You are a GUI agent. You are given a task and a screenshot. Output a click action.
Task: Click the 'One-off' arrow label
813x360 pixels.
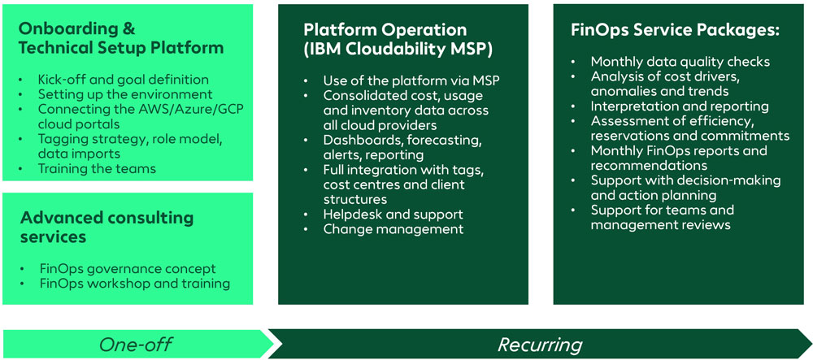[x=135, y=344]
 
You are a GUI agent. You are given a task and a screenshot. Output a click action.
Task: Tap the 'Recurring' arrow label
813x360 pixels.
[x=540, y=344]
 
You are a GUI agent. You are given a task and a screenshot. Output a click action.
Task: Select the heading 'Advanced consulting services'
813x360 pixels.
[x=107, y=227]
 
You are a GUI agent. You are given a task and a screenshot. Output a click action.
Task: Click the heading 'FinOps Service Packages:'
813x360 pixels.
[x=676, y=30]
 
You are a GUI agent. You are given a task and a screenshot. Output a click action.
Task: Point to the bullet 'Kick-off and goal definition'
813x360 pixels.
[x=123, y=80]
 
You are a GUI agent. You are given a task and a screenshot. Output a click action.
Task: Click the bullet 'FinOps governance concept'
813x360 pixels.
[x=128, y=268]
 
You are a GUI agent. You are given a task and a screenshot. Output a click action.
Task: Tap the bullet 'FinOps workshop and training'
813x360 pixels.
[x=134, y=284]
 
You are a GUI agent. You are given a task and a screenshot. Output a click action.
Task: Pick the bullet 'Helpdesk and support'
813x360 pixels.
[x=393, y=214]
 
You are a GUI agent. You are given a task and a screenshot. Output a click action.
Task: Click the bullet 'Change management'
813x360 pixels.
[x=393, y=229]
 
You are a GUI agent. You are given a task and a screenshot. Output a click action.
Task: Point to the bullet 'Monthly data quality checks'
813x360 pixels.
[x=680, y=62]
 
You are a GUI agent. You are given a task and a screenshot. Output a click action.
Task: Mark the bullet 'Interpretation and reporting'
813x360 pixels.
[x=680, y=106]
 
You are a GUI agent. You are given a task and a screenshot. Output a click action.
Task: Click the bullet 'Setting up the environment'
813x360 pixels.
[x=120, y=94]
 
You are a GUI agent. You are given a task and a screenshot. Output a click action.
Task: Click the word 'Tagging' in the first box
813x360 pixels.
[x=61, y=139]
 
